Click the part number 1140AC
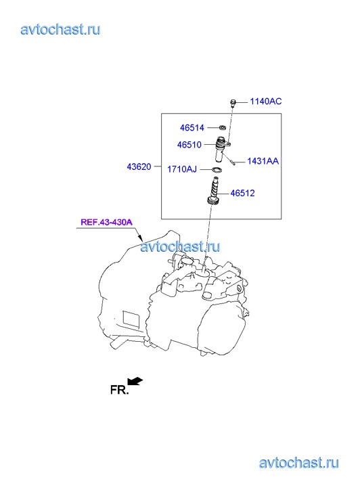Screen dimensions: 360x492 [266, 102]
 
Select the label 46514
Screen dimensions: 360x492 [192, 128]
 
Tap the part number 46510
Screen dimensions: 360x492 [189, 145]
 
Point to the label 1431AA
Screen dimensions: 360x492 [263, 161]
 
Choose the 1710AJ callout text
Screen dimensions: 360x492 [182, 169]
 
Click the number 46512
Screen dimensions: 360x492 [243, 193]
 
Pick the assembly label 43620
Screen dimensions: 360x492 [139, 166]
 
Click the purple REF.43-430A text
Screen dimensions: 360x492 [107, 222]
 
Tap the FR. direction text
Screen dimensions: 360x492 [120, 390]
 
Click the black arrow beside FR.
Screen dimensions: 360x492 [135, 380]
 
